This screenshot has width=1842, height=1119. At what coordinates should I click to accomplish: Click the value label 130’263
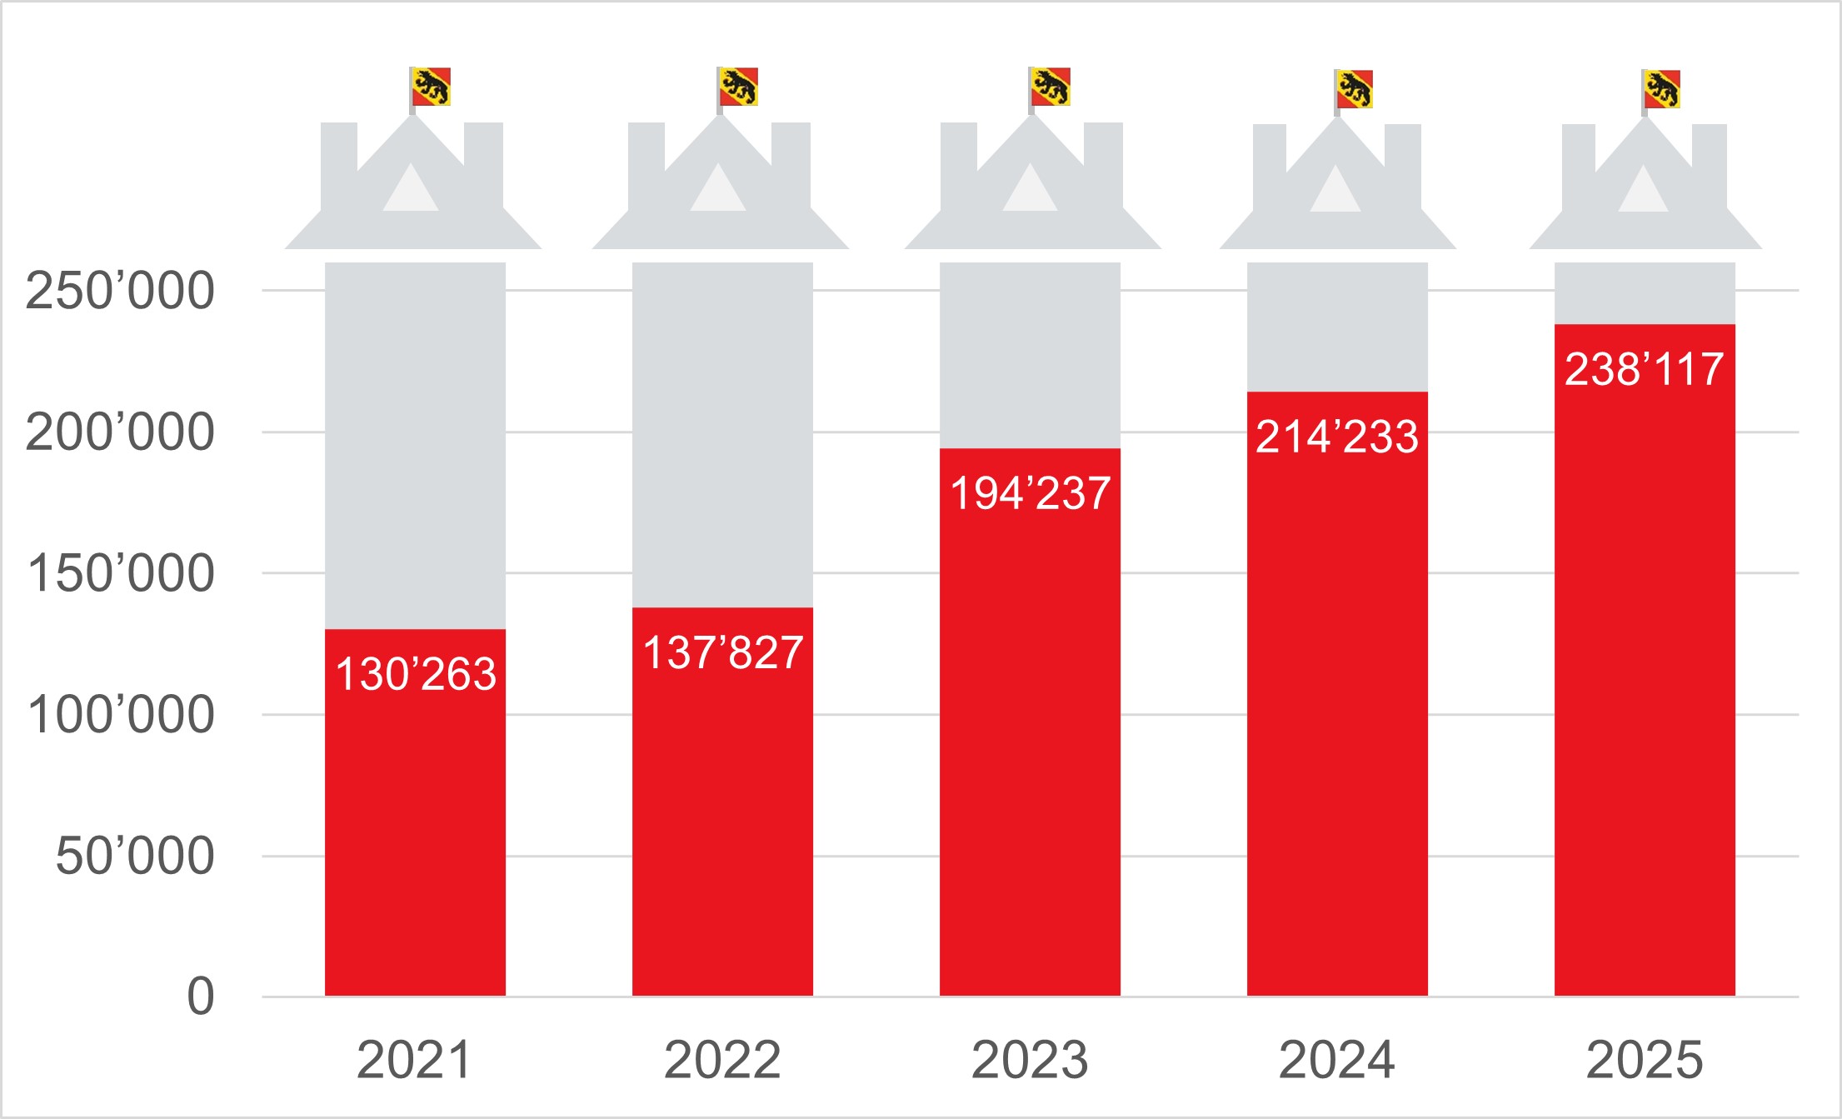click(x=416, y=674)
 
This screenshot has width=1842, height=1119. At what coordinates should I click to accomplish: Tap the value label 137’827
click(x=723, y=652)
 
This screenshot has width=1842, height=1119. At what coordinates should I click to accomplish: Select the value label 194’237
click(x=1031, y=493)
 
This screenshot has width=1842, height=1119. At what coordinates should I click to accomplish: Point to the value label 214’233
click(x=1337, y=437)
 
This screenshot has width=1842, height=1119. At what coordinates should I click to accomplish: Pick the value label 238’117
click(x=1645, y=369)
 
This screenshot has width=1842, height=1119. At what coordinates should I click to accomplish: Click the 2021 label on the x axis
click(x=414, y=1060)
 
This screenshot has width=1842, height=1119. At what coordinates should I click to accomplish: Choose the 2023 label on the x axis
click(x=1030, y=1060)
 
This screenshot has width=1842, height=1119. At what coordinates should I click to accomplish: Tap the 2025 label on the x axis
click(x=1645, y=1060)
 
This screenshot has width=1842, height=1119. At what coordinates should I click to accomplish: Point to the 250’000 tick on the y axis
click(x=120, y=291)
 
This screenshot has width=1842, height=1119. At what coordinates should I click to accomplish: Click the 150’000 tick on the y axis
click(x=120, y=573)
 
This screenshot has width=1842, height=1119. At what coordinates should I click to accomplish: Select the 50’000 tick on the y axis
click(x=134, y=856)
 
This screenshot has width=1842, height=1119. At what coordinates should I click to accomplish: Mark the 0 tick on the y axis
click(x=201, y=997)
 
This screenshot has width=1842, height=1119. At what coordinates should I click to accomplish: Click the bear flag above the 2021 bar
click(x=431, y=87)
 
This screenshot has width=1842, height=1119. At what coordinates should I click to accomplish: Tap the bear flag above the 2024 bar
click(x=1354, y=89)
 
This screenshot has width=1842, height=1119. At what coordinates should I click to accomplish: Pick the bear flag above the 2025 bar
click(x=1661, y=89)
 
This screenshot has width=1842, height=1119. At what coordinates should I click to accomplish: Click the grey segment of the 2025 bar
click(x=1645, y=293)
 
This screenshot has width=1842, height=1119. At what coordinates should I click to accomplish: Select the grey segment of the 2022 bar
click(x=722, y=433)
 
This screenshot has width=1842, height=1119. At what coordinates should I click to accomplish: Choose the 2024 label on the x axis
click(x=1337, y=1060)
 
